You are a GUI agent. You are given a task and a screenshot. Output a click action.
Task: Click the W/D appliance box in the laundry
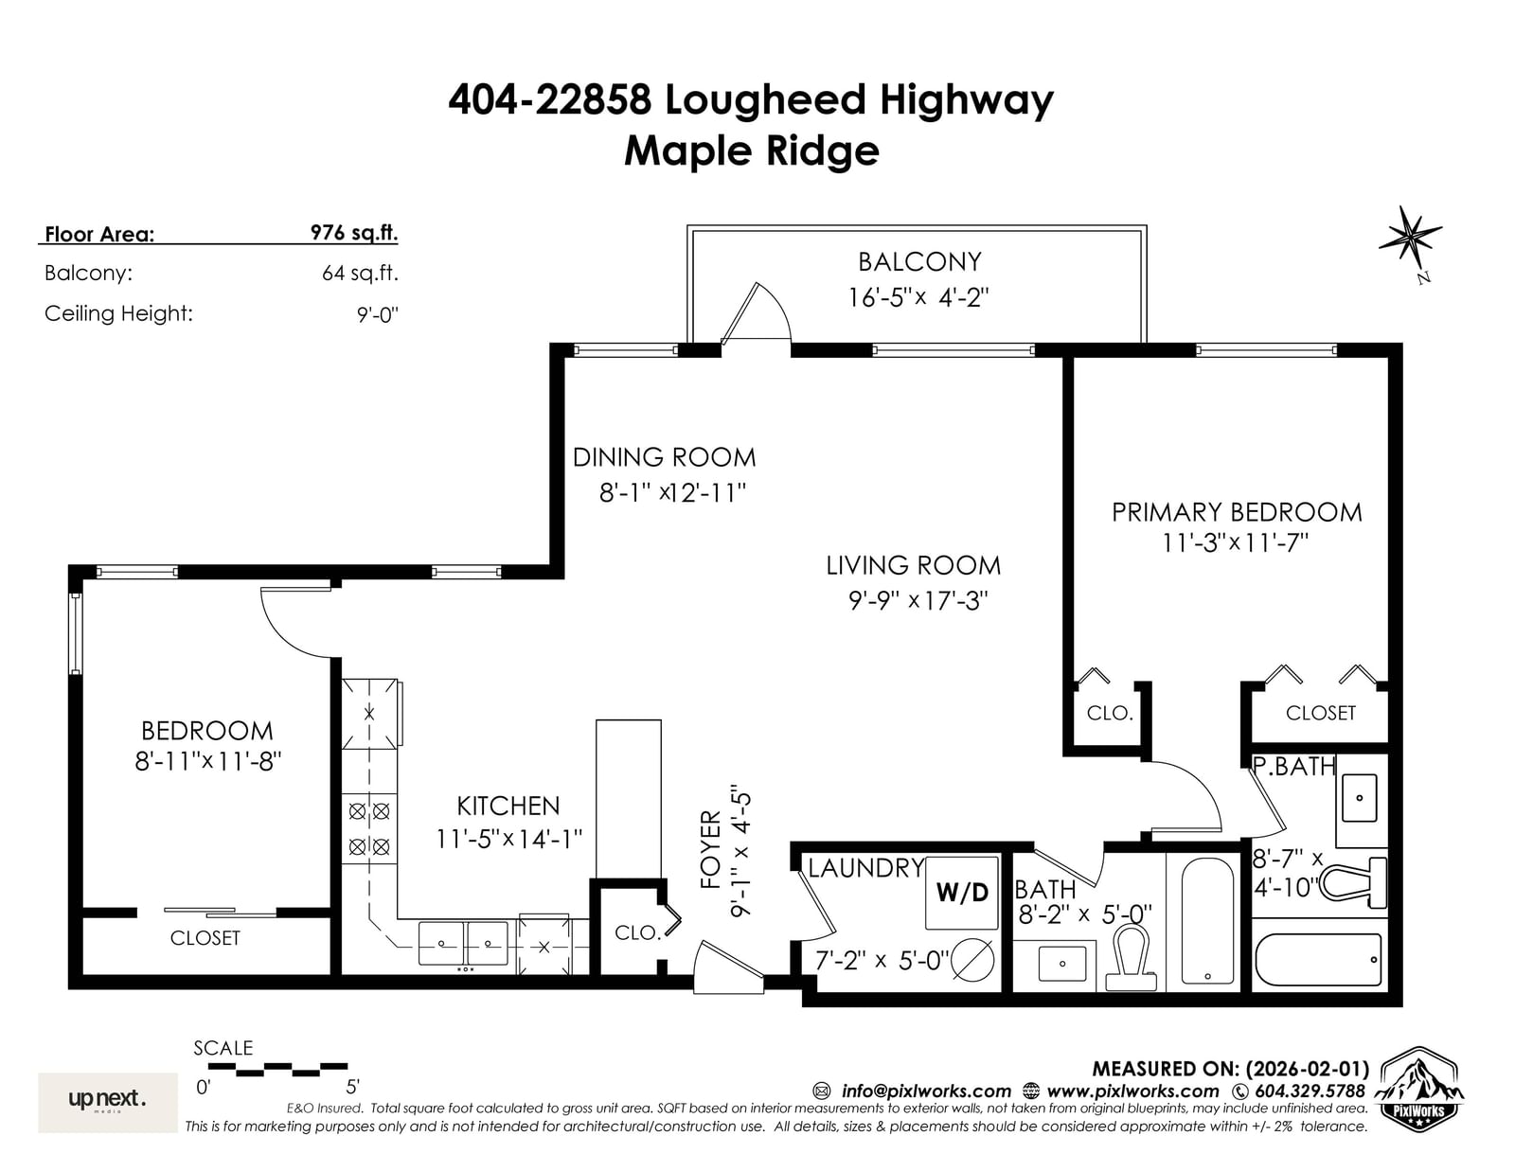pyautogui.click(x=961, y=892)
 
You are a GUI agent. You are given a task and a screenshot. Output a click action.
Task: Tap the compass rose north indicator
pyautogui.click(x=1411, y=240)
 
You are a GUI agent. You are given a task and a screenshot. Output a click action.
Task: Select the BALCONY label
pyautogui.click(x=918, y=262)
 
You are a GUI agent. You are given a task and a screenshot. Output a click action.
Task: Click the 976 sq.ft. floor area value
pyautogui.click(x=354, y=233)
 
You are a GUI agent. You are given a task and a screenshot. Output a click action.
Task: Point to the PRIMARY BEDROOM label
pyautogui.click(x=1236, y=512)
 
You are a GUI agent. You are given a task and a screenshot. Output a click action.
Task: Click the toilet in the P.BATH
pyautogui.click(x=1352, y=883)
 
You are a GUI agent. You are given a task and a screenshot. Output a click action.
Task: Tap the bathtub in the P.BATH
pyautogui.click(x=1318, y=960)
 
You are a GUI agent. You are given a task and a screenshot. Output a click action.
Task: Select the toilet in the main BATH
pyautogui.click(x=1131, y=956)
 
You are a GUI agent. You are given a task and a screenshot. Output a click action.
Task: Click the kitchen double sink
pyautogui.click(x=463, y=943)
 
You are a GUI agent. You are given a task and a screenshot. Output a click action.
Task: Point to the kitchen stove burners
pyautogui.click(x=369, y=828)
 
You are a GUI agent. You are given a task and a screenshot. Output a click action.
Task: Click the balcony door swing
pyautogui.click(x=757, y=313)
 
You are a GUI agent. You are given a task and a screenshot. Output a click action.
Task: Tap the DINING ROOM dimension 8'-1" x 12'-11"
pyautogui.click(x=672, y=493)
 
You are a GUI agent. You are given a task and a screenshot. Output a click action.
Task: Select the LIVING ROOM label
pyautogui.click(x=914, y=565)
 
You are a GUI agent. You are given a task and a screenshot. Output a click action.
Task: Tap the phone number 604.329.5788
pyautogui.click(x=1310, y=1091)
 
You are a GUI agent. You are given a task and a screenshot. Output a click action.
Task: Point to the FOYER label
pyautogui.click(x=710, y=849)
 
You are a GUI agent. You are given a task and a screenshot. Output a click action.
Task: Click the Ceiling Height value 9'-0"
pyautogui.click(x=377, y=314)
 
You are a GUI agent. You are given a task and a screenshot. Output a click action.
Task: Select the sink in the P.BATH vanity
pyautogui.click(x=1359, y=797)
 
